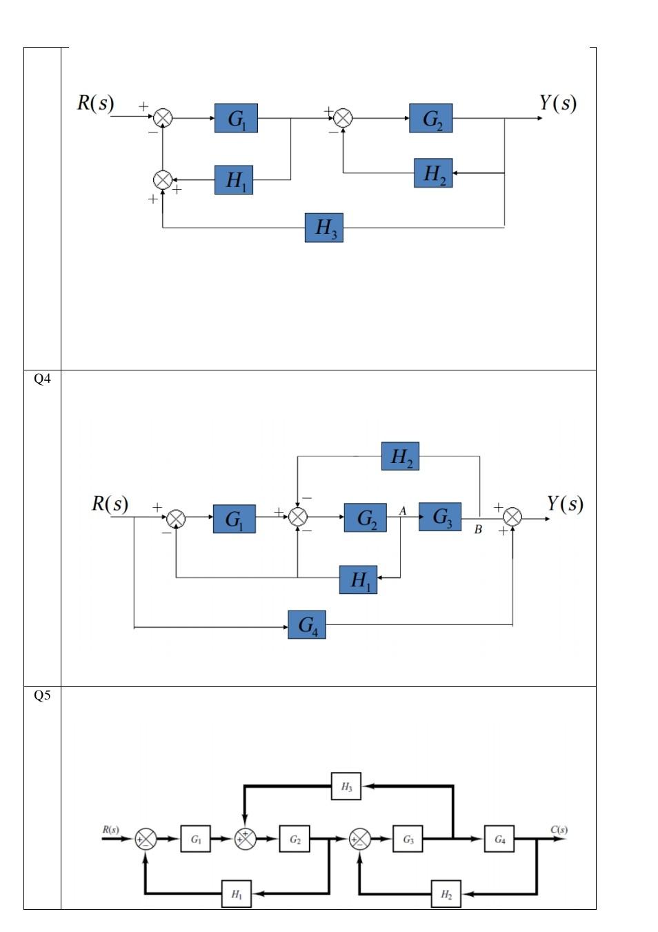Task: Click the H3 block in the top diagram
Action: click(x=323, y=228)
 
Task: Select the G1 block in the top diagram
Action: click(x=236, y=119)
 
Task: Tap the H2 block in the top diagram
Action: click(x=433, y=173)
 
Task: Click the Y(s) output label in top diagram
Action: click(x=557, y=103)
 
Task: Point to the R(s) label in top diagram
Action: click(x=95, y=103)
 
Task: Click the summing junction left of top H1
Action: click(x=162, y=180)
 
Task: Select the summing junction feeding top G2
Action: click(x=343, y=118)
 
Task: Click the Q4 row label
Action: click(x=42, y=379)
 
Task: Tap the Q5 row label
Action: click(x=42, y=695)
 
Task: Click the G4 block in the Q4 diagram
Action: click(x=307, y=625)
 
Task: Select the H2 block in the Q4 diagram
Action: click(x=400, y=457)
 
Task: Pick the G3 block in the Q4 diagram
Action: click(x=440, y=517)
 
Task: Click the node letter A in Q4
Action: click(x=403, y=510)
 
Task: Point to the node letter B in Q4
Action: click(x=478, y=530)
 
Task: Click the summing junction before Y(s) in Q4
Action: click(x=512, y=517)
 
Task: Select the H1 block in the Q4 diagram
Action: click(x=358, y=579)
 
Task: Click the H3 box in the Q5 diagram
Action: click(x=346, y=786)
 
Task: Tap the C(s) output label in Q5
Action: click(x=559, y=830)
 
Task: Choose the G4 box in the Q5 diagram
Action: click(x=499, y=840)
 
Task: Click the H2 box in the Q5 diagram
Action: click(x=446, y=894)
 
